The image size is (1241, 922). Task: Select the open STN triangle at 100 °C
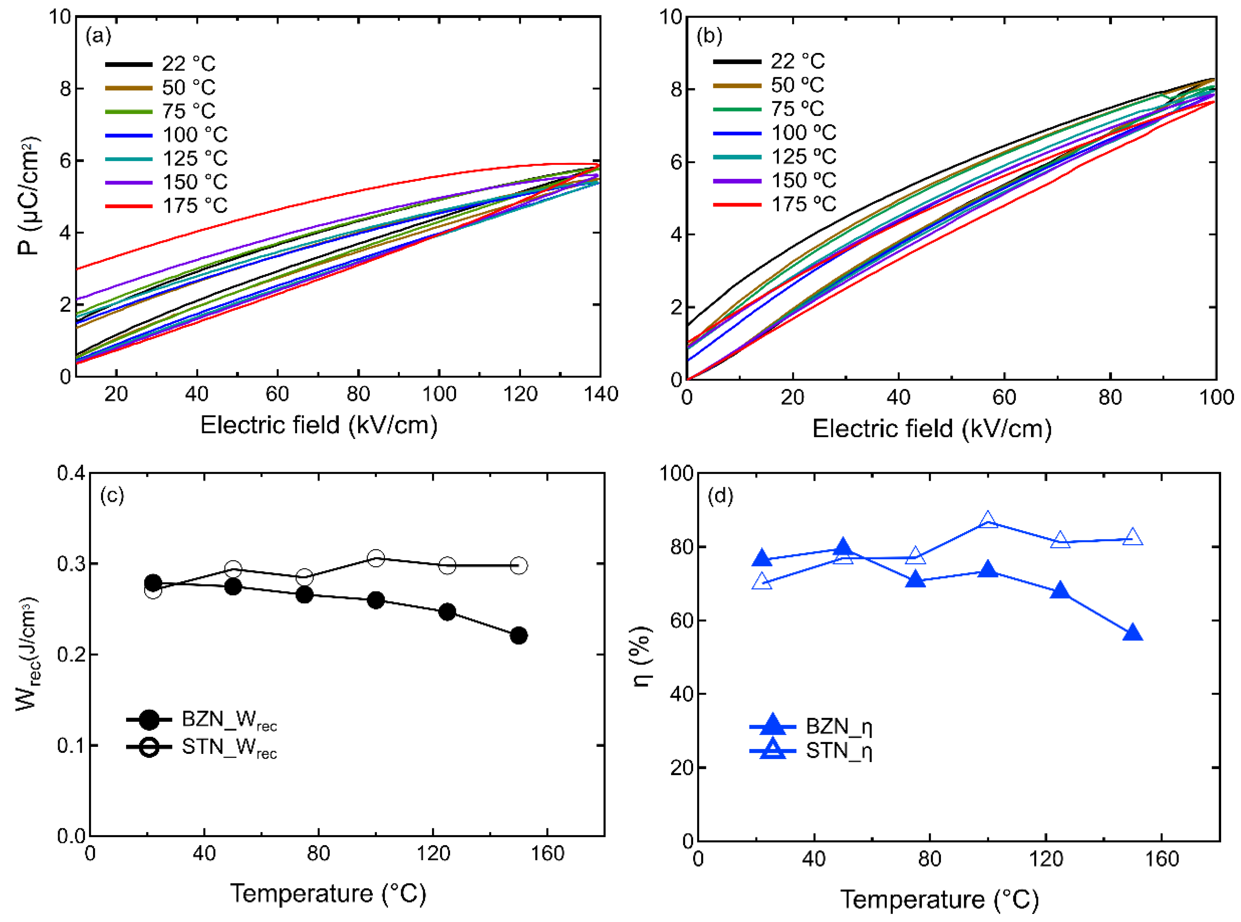point(988,519)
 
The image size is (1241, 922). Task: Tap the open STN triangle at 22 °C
point(762,582)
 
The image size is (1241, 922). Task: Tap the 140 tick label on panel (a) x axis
point(601,394)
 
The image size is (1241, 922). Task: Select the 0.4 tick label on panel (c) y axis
point(71,473)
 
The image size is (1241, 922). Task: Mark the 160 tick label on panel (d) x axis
point(1162,859)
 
